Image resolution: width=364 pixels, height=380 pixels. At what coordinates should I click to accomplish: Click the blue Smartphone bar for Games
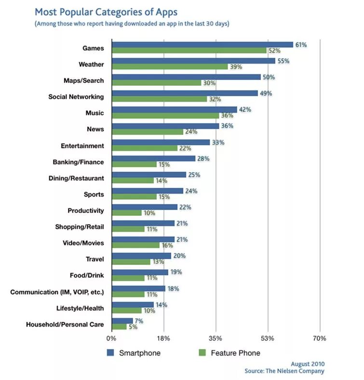[x=202, y=45]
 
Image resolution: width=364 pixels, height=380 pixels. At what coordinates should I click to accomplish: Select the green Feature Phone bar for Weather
[x=170, y=67]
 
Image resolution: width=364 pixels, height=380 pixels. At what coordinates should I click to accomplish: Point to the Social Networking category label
[x=76, y=97]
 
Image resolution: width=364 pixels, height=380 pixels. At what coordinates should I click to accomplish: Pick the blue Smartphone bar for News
[x=165, y=126]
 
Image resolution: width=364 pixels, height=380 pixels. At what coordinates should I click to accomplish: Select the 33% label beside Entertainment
[x=218, y=143]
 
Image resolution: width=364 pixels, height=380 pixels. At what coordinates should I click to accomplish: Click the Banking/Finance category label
[x=78, y=162]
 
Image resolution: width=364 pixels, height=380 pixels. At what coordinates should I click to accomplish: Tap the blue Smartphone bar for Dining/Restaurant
[x=149, y=175]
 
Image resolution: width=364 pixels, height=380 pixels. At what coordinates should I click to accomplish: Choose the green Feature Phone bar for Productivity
[x=127, y=213]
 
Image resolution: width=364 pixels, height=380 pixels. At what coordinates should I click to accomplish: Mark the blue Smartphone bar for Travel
[x=141, y=256]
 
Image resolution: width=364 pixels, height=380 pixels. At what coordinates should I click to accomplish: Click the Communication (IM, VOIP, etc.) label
[x=57, y=292]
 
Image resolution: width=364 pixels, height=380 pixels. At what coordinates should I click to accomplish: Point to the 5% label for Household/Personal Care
[x=133, y=327]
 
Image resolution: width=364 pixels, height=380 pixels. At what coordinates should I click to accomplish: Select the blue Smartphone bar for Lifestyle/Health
[x=133, y=304]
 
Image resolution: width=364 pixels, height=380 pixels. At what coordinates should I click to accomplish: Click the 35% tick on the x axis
[x=216, y=339]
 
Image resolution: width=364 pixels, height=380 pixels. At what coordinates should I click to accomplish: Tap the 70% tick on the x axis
[x=320, y=339]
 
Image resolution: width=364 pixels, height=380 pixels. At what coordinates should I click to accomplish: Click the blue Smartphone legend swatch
[x=110, y=353]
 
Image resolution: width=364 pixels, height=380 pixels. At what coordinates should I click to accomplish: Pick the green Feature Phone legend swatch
[x=202, y=353]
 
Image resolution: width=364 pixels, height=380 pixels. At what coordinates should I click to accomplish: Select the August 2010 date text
[x=308, y=364]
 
